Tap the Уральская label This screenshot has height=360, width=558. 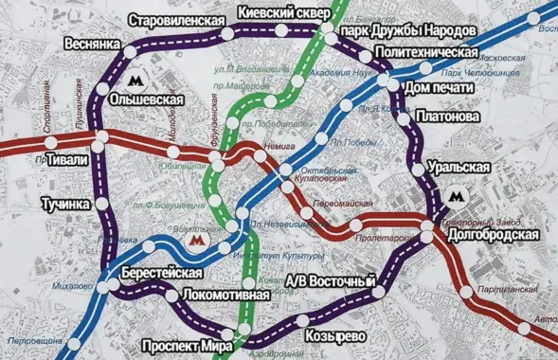coord(459,167)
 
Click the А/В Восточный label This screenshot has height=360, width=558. coord(331,282)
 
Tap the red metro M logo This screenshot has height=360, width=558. coord(196,241)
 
